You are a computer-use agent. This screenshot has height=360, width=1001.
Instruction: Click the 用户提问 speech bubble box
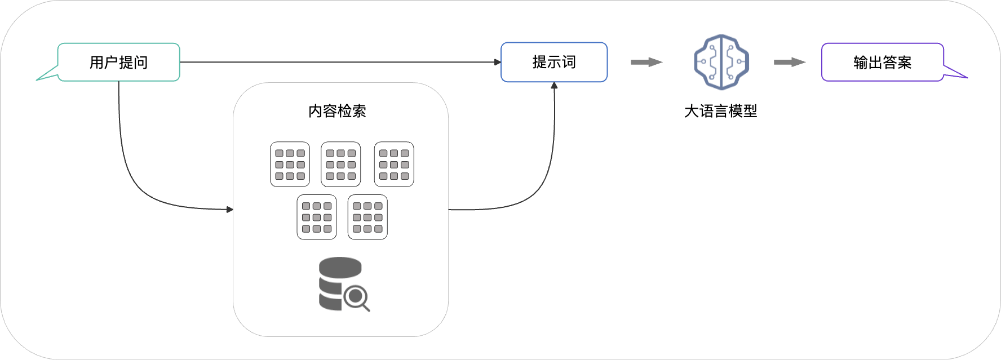coord(119,62)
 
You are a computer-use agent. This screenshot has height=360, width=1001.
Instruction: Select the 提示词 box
coord(554,62)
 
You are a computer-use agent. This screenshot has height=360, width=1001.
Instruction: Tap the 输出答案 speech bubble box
coord(882,62)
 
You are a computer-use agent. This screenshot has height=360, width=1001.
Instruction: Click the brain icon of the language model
coord(721,62)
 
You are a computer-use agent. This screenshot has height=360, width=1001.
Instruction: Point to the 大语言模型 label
coord(720,111)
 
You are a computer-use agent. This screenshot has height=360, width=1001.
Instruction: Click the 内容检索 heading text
coord(337,111)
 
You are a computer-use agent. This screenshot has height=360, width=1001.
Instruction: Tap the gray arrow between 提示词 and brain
coord(646,62)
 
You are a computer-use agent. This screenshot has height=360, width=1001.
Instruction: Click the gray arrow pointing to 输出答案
coord(789,62)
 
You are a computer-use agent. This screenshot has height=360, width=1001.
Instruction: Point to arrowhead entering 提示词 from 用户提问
coord(498,62)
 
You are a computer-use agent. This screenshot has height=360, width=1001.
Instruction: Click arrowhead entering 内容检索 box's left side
coord(229,210)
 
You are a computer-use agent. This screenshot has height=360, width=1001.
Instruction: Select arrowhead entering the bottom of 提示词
coord(554,86)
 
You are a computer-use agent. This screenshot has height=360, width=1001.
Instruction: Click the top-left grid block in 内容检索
coord(290,164)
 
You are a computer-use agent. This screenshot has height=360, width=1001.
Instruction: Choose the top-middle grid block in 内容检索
coord(341,164)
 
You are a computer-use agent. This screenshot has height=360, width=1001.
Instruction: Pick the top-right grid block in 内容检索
coord(394,164)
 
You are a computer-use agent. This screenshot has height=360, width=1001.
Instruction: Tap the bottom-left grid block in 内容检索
coord(317,217)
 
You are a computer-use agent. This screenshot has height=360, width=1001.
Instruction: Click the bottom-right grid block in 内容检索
coord(367,217)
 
